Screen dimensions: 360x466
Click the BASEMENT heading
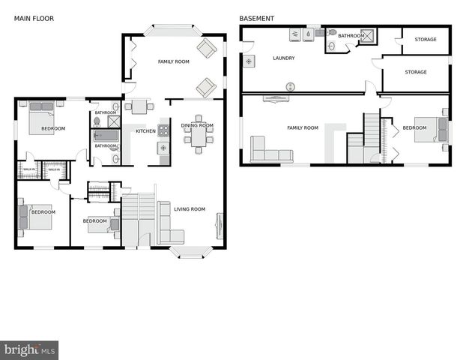256,18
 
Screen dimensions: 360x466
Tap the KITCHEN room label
145,131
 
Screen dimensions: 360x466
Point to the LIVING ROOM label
190,209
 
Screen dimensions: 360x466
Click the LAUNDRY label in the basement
283,58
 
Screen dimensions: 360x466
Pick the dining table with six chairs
199,136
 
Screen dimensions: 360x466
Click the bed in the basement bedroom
432,129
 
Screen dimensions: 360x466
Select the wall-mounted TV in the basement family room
276,98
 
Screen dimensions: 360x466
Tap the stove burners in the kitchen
163,130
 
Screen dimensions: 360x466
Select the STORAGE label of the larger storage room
416,72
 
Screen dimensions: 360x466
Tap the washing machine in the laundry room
294,34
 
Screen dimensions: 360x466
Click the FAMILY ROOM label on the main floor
173,61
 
